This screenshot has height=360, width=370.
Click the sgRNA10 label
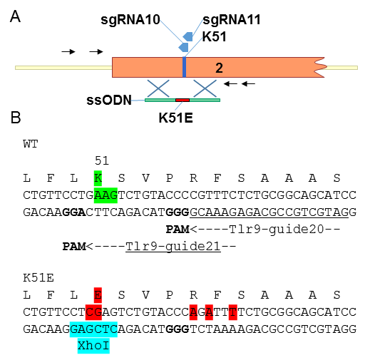130,20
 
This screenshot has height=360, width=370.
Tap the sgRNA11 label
232,20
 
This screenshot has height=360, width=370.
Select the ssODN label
109,100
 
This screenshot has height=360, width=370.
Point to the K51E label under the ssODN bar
175,118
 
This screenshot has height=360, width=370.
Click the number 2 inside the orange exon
219,68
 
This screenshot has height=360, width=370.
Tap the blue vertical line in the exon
184,67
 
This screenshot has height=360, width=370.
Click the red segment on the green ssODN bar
183,101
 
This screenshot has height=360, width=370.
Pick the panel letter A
15,16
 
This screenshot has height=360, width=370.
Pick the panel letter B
16,118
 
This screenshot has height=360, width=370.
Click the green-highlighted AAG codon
106,195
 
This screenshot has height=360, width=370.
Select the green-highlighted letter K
98,178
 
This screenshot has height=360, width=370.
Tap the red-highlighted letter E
98,295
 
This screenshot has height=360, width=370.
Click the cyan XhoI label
93,346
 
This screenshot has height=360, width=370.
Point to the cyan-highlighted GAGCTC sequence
93,329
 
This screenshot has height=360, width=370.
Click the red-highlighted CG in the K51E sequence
93,312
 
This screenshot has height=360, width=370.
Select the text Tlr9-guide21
173,247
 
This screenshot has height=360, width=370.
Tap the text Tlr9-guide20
277,230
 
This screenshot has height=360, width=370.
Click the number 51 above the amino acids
102,161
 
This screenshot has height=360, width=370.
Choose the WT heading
31,144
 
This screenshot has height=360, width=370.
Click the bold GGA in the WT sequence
74,212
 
